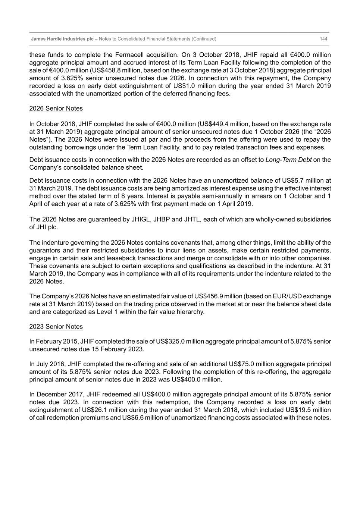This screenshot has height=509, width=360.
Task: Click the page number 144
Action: point(323,39)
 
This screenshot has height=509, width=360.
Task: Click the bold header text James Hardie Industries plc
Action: point(62,39)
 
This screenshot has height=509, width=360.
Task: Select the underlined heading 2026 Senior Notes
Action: point(56,109)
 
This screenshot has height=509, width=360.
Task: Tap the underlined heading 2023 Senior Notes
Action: point(56,327)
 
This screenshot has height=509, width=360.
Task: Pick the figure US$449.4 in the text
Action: point(214,124)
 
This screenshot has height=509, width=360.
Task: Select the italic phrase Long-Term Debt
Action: point(288,160)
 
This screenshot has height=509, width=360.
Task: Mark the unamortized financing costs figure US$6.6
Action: point(134,418)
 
